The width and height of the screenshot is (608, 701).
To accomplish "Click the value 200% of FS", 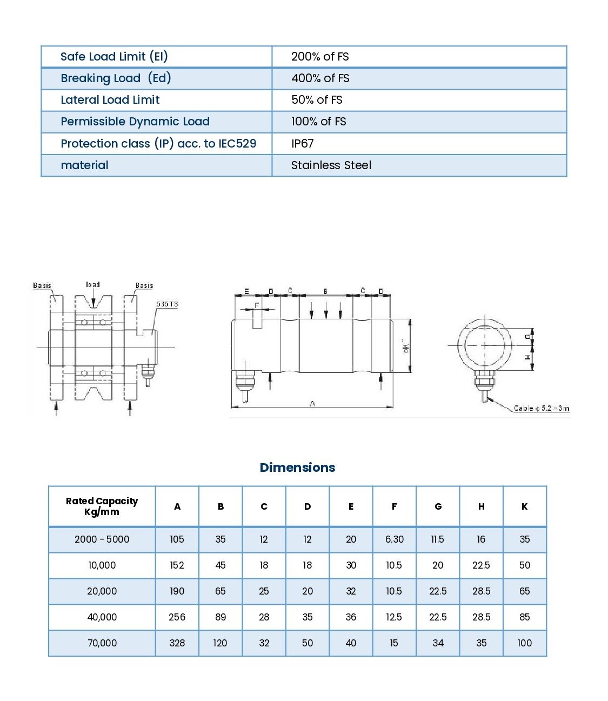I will pos(319,57).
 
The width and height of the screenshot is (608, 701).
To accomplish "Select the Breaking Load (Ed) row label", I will pos(116,78).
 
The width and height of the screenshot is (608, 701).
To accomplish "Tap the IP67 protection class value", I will pos(302,144).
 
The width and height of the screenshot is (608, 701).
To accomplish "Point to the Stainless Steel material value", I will pos(331,165).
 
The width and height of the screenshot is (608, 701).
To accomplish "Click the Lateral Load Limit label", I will pos(110,100).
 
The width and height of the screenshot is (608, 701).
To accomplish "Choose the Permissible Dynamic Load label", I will pos(135,122).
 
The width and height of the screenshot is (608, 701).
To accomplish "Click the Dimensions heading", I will pos(297,468).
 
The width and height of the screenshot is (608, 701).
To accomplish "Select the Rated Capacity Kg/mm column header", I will pos(102,506).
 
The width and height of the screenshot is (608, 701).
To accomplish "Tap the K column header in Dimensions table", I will pos(524,506).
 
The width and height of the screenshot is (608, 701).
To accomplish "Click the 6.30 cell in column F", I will pos(394,539).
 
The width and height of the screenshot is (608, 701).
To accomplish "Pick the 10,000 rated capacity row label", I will pos(102,565).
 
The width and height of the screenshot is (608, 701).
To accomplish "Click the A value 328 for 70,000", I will pos(177,643).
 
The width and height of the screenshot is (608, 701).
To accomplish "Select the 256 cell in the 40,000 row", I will pos(177,617).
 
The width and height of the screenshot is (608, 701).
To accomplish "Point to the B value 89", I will pos(221,617).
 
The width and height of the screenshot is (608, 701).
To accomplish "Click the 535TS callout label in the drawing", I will pos(167,304).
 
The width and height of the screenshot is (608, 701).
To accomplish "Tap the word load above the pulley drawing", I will pos(93,284).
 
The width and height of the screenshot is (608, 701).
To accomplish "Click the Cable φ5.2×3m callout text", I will pos(541,408).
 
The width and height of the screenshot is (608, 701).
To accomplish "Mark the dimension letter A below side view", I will pos(312,404).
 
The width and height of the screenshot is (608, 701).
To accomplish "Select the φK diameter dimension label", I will pos(406,346).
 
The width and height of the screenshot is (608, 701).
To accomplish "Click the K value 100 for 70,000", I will pos(524,643).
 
